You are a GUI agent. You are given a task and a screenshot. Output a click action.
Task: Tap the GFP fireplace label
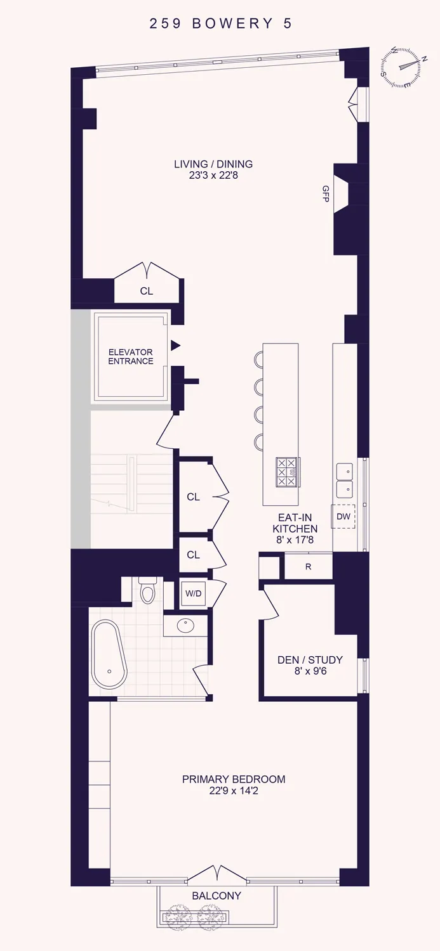coord(326,193)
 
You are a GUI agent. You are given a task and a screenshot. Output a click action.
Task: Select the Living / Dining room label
coord(213,164)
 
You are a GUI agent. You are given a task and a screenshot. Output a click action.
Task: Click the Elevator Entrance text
coord(131,357)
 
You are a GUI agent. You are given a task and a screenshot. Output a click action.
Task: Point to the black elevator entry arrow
coord(176,346)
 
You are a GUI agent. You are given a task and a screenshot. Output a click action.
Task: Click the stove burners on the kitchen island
coord(286,472)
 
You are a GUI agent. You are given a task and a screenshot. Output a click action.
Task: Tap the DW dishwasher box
coord(343,517)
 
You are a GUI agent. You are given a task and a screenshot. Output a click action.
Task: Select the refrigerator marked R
coord(308,567)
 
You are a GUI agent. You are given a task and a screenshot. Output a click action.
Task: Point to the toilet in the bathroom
coord(147,591)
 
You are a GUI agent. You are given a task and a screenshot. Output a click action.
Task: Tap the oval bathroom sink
coord(185,626)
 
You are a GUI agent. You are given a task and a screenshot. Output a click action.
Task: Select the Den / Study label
coord(310,659)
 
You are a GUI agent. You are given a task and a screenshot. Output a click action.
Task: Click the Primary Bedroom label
coord(234,779)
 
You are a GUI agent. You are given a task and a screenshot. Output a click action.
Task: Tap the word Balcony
coord(217,896)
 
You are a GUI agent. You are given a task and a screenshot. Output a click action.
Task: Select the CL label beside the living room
coord(147,292)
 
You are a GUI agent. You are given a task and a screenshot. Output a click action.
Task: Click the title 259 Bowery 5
coord(220,24)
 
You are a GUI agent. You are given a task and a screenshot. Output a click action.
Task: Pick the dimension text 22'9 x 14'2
coord(234,791)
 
